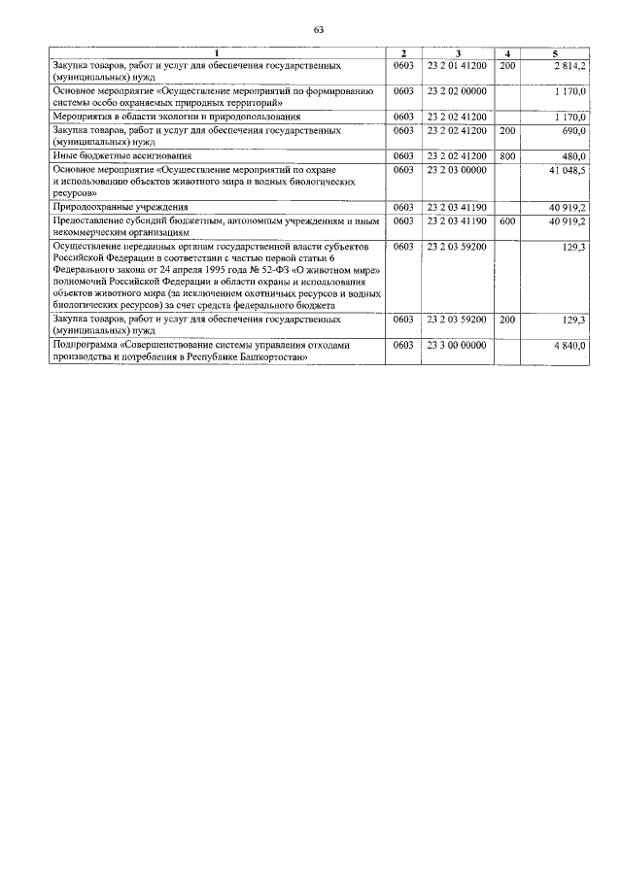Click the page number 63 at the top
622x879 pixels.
pos(318,29)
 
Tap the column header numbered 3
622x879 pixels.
pos(457,51)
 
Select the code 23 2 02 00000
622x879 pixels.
pos(456,89)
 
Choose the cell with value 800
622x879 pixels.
pos(506,155)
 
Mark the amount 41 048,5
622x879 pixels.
pos(568,168)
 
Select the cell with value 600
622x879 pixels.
pos(506,220)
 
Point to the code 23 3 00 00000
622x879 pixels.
pos(456,344)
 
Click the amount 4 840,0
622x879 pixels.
pos(570,344)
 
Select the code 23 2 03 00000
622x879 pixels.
pos(456,168)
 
